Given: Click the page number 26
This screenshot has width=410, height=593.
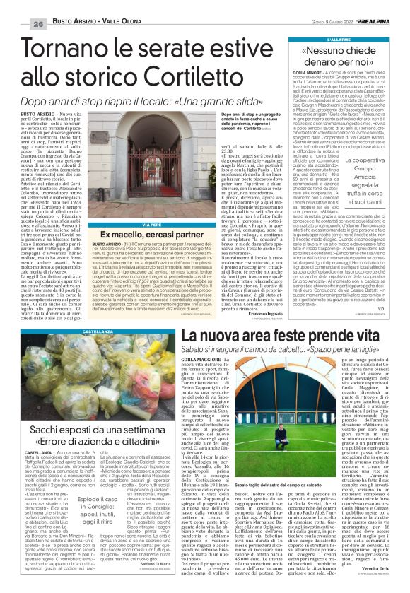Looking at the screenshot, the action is click(18, 7).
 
